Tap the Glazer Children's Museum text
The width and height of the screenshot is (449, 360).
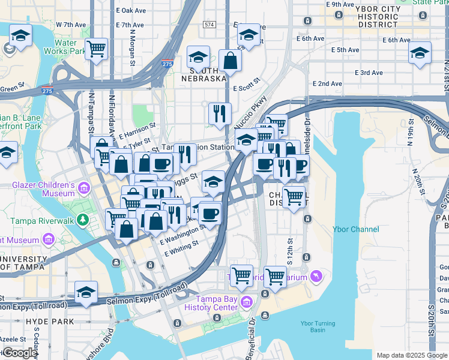(x=43, y=189)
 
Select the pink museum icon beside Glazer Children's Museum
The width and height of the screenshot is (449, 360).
(x=84, y=189)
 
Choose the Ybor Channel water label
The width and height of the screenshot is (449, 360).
(x=356, y=229)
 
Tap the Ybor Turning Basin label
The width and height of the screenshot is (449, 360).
(x=313, y=327)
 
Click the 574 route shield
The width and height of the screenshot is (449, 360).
(x=209, y=25)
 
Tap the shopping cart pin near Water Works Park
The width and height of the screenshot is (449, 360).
(x=96, y=49)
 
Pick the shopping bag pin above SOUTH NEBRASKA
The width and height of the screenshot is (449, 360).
(x=230, y=59)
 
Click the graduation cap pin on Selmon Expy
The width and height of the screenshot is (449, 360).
(x=86, y=292)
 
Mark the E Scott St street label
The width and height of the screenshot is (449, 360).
(x=246, y=85)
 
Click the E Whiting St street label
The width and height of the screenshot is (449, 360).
(x=182, y=249)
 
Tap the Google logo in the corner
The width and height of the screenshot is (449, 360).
(x=20, y=353)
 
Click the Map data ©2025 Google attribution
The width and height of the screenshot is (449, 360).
(x=411, y=355)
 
